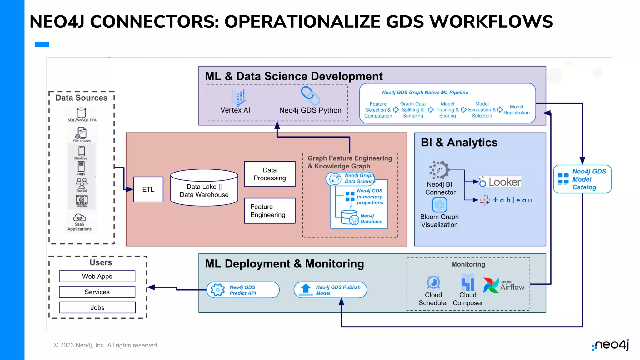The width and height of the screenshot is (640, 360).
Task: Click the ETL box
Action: click(148, 189)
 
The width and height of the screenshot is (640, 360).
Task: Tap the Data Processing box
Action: click(270, 174)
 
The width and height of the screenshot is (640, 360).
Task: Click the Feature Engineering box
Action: click(270, 211)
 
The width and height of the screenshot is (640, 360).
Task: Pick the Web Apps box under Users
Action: click(97, 276)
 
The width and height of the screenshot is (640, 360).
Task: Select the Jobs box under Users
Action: click(97, 307)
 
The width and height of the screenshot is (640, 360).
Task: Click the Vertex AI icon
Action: click(238, 97)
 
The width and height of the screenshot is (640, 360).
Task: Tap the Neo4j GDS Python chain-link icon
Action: click(310, 96)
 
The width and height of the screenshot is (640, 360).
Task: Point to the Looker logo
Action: click(500, 182)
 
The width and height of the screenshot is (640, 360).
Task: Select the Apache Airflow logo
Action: click(503, 285)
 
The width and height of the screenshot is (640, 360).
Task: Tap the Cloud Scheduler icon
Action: click(433, 282)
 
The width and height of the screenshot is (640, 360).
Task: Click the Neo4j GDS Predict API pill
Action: click(243, 290)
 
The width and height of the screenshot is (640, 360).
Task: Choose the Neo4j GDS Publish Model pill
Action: click(330, 290)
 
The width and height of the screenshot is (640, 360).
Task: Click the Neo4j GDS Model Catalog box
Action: click(582, 179)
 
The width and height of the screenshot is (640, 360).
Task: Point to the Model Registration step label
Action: click(516, 110)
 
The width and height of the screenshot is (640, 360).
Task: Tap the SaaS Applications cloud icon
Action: click(79, 217)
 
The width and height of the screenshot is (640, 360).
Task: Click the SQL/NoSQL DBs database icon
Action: click(81, 112)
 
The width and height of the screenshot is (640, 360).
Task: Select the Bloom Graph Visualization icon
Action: click(439, 205)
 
